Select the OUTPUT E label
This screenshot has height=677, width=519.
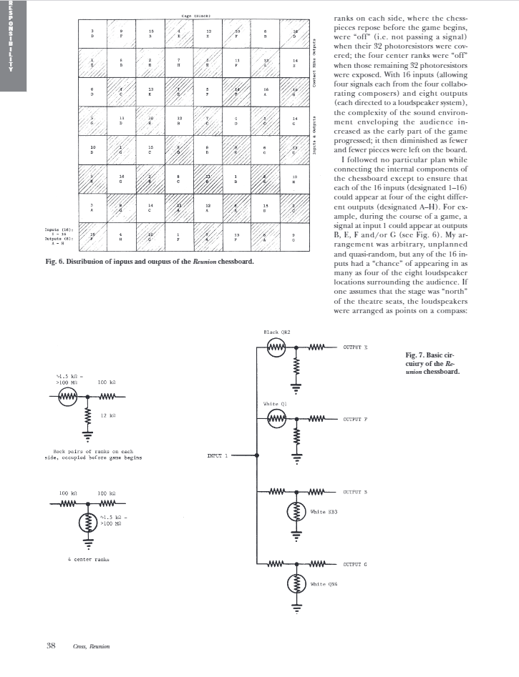356,347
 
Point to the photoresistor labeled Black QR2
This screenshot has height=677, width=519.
276,347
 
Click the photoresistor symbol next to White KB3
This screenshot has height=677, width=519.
295,512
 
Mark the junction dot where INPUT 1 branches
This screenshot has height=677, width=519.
257,454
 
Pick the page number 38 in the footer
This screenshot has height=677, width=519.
51,646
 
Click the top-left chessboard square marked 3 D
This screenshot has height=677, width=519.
92,34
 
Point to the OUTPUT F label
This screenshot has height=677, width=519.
356,419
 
